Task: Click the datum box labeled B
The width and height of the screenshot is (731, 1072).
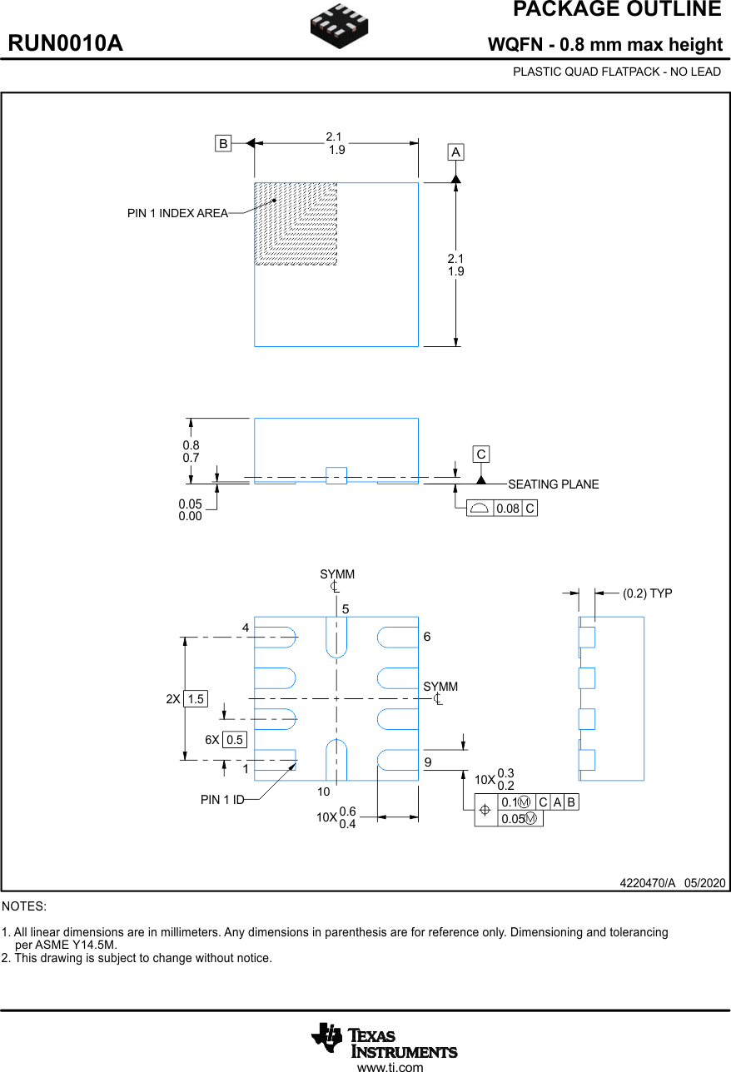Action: point(223,144)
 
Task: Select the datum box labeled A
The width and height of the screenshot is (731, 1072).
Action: point(455,152)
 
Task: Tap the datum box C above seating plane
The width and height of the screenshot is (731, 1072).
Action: point(481,454)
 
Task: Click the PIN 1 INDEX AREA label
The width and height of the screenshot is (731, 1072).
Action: point(177,214)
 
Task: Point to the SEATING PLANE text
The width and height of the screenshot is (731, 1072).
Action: point(553,484)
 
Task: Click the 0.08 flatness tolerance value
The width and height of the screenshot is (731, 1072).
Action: point(507,509)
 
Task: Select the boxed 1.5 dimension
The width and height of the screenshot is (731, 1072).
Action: point(196,699)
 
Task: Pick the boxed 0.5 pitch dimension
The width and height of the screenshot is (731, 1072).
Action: point(235,740)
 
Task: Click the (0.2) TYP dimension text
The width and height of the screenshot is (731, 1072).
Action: point(647,593)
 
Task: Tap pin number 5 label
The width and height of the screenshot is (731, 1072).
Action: point(345,610)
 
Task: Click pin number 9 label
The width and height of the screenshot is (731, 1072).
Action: point(427,762)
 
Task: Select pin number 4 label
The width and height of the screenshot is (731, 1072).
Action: point(246,627)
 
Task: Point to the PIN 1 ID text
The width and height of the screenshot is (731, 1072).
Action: point(222,800)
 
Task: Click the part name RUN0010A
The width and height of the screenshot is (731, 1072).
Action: point(66,44)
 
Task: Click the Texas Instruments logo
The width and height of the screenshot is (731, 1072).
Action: point(384,1040)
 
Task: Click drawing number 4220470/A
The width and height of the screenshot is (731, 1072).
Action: point(647,883)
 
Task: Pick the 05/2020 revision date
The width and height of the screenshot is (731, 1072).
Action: point(705,883)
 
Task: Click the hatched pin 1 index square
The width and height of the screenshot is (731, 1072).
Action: point(296,224)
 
